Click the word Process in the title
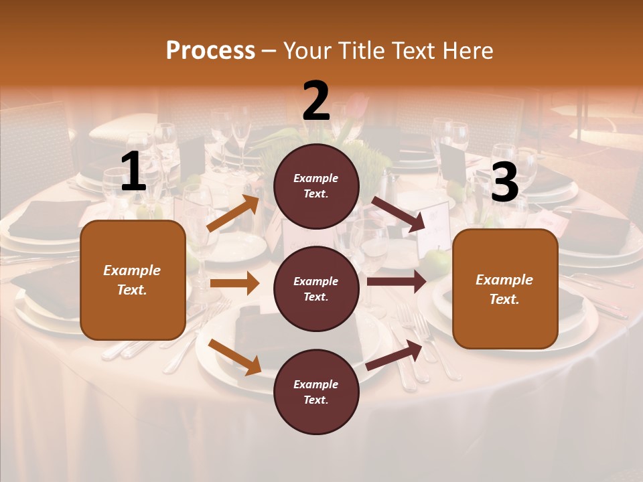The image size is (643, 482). click(x=210, y=50)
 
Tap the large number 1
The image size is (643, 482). click(x=133, y=172)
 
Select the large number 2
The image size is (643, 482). click(x=316, y=102)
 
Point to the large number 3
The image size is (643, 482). click(x=505, y=182)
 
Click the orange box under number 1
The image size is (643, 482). click(x=133, y=280)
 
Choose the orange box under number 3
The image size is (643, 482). click(x=505, y=289)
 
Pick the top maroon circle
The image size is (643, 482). click(x=316, y=186)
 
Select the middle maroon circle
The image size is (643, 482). click(x=316, y=289)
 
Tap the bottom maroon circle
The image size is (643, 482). click(x=316, y=392)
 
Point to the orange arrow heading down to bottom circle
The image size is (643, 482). click(x=234, y=357)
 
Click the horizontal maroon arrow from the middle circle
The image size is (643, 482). click(x=397, y=282)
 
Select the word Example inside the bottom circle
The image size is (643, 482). click(x=316, y=384)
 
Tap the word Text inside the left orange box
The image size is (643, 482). click(x=133, y=290)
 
